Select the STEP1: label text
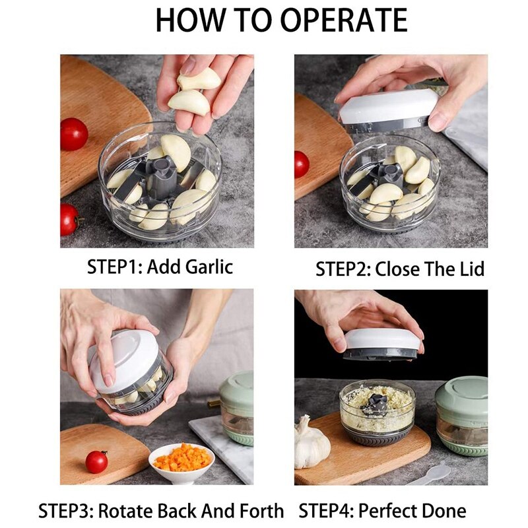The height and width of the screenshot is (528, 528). (x=115, y=267)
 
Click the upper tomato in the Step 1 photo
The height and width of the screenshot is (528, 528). (x=74, y=134)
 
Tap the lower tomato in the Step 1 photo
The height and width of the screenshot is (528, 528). (x=69, y=219)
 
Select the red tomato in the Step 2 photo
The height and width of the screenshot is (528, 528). (x=302, y=164)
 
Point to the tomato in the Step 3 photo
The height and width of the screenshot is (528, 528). (x=96, y=461)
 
